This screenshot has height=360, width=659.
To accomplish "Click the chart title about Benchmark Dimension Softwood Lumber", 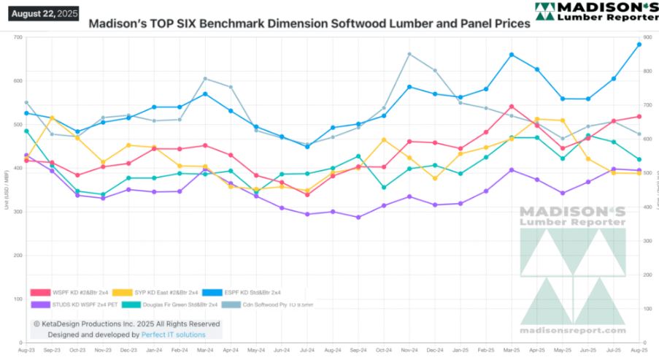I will [x=309, y=23].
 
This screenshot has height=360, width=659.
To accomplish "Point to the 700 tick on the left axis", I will [x=16, y=37].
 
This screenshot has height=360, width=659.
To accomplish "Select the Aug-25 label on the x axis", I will [x=639, y=351].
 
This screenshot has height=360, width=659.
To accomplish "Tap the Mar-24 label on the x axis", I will [x=205, y=351].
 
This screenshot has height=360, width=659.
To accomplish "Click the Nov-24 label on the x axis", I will [x=409, y=351].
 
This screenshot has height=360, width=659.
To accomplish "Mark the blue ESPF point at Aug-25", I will [x=639, y=45].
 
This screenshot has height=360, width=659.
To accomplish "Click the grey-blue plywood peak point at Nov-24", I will [x=409, y=54].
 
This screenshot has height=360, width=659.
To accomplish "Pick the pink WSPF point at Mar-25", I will [x=512, y=107].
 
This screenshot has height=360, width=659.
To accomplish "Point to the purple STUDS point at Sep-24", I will [x=358, y=217].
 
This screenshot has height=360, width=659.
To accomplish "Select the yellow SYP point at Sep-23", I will [x=52, y=118].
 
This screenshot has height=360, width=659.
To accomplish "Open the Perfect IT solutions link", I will [x=174, y=334].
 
